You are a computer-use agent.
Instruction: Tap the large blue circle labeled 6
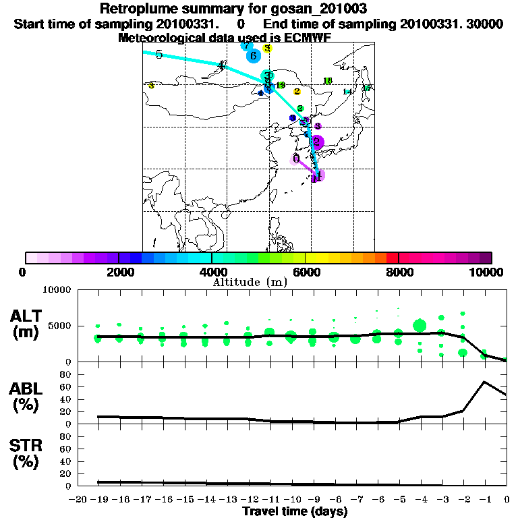(253, 56)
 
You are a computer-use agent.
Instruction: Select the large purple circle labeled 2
(316, 142)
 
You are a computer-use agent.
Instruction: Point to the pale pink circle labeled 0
(296, 159)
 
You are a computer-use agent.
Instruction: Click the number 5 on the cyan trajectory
(159, 55)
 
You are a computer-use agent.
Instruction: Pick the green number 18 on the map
(328, 81)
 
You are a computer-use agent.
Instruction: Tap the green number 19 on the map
(281, 85)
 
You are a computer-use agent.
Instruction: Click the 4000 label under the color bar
(212, 272)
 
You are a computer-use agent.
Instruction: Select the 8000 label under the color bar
(399, 272)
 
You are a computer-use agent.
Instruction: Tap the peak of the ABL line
(484, 382)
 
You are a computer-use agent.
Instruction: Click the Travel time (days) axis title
(295, 511)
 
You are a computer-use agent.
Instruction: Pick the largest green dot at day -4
(420, 326)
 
